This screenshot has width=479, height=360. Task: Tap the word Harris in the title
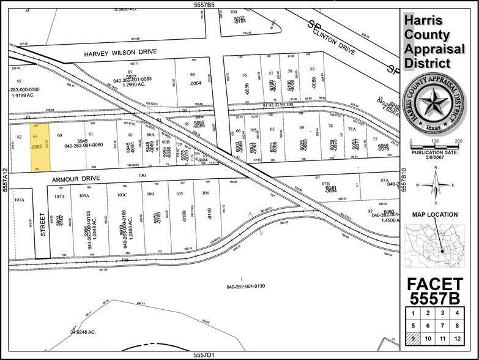click(426, 21)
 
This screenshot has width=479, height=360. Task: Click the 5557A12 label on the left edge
click(5, 181)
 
